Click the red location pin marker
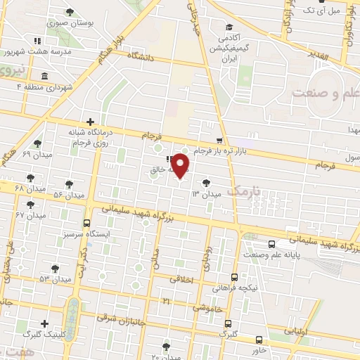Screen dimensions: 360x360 tap(181, 165)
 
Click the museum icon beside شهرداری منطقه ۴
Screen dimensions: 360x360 tap(44, 75)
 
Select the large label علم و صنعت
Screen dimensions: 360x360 tap(325, 92)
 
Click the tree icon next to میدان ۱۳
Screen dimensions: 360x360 tap(205, 183)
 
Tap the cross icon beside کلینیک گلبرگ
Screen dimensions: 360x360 tap(45, 323)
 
